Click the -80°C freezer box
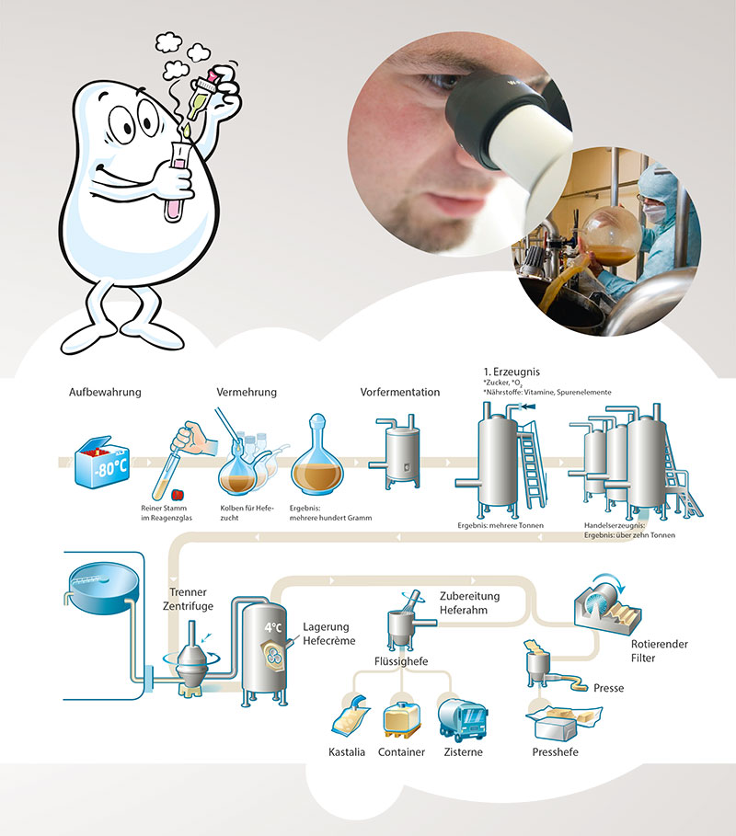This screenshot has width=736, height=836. (102, 462)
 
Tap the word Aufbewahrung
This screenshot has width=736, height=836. (105, 393)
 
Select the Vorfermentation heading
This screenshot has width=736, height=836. (400, 393)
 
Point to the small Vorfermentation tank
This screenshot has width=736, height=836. (399, 452)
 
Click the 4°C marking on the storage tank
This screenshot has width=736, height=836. (273, 627)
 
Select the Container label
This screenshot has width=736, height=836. (401, 752)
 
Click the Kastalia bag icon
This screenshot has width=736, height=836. (350, 715)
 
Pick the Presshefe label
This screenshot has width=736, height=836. (555, 752)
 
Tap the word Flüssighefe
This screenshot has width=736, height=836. (401, 661)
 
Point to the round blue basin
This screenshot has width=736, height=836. (104, 586)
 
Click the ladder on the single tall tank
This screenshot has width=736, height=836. (531, 464)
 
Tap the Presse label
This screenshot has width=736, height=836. (608, 688)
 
